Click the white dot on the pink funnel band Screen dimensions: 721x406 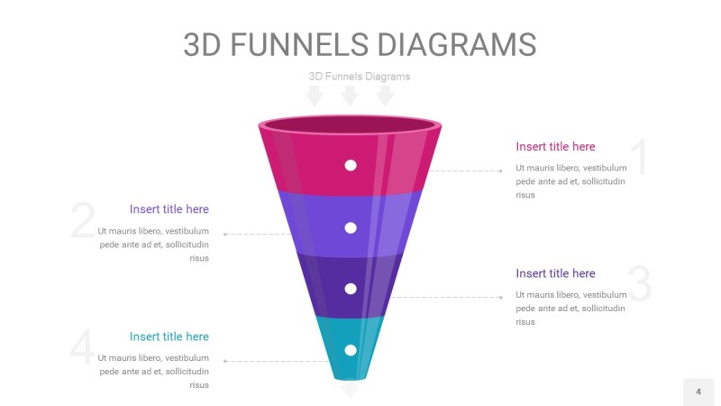pos(351,165)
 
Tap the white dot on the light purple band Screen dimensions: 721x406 pos(351,228)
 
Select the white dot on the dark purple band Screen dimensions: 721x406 pos(351,289)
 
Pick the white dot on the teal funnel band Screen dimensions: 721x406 pos(351,350)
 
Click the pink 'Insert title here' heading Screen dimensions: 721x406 pos(555,146)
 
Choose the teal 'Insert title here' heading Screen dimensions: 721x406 pos(169,337)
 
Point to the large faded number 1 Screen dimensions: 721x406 pos(639,156)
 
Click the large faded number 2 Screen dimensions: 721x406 pos(83,220)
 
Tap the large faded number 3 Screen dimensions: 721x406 pos(640,283)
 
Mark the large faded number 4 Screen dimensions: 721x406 pos(82,347)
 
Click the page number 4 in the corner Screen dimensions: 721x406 pos(698,392)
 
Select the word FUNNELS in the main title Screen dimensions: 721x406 pos(299,44)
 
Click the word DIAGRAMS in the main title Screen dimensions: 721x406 pos(457,44)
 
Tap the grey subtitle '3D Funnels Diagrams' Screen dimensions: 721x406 pos(359,77)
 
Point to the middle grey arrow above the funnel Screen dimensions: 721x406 pos(350,96)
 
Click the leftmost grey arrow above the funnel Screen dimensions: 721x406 pos(314,96)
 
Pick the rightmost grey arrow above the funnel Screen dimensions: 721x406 pos(385,96)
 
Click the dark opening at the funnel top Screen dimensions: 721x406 pos(350,125)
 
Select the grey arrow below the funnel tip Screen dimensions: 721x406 pos(350,390)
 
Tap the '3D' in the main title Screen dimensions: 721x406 pos(202,44)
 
